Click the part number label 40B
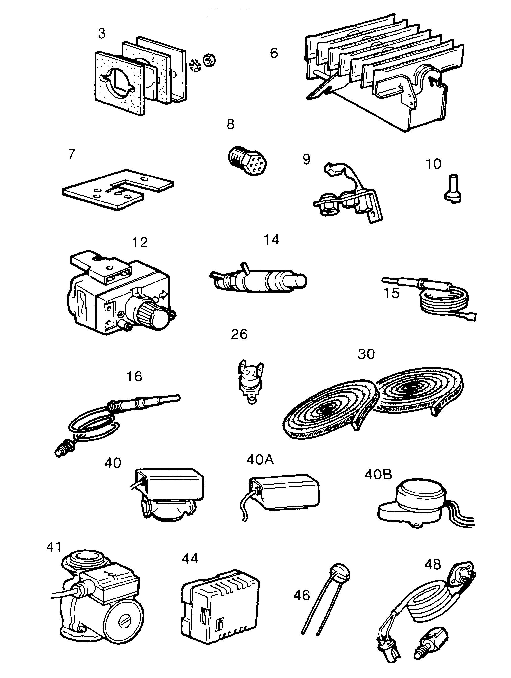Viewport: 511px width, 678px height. pyautogui.click(x=378, y=475)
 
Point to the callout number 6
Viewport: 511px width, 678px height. pyautogui.click(x=274, y=53)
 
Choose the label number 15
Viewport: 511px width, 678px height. pyautogui.click(x=391, y=293)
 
